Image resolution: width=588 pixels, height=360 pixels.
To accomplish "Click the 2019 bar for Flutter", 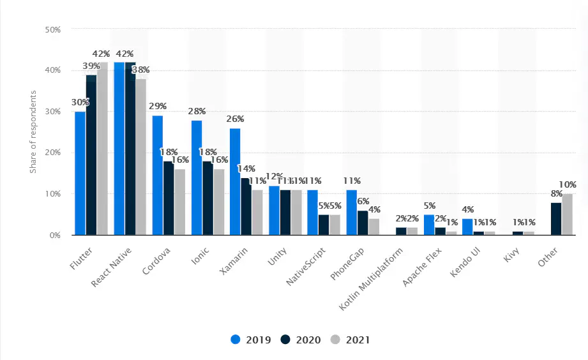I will (x=80, y=174).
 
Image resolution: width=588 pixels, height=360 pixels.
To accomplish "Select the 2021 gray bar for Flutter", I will (x=102, y=149).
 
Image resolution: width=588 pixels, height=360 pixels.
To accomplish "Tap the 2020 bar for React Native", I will (x=130, y=149).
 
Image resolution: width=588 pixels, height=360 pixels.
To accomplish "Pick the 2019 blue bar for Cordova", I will (x=157, y=176).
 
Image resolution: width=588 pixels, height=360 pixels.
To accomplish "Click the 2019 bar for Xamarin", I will (x=235, y=182).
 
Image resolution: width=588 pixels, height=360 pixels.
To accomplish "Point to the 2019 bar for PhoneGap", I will (x=352, y=213).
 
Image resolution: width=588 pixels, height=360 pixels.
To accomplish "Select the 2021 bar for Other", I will (x=567, y=214).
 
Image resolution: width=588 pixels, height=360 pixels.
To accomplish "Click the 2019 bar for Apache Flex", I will (x=429, y=225).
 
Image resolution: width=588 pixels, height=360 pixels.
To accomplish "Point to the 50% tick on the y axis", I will (x=52, y=29).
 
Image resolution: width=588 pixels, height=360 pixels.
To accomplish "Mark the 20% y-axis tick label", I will (x=52, y=153).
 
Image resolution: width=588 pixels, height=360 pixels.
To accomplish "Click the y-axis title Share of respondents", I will (x=33, y=132).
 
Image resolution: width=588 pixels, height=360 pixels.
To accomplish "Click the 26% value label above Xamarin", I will (x=235, y=119).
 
